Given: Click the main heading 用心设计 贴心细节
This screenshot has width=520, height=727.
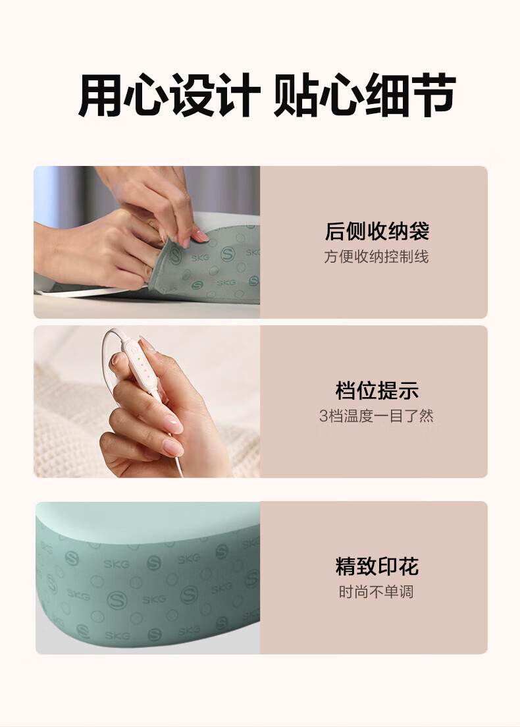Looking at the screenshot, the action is coord(267,95).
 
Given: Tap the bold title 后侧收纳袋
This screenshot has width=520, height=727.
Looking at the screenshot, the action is coord(377,231).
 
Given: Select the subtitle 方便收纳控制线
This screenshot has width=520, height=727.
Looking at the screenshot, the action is coord(377,256).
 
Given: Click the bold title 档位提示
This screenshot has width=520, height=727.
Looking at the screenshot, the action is coord(377,390).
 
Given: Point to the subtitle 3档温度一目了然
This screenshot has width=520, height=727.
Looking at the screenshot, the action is coord(377,416).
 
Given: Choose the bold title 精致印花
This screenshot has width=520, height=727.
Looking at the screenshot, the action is coord(377,566).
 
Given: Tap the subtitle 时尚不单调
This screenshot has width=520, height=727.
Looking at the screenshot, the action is coord(376,591).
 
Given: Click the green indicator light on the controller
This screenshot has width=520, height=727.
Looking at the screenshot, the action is coord(139,359).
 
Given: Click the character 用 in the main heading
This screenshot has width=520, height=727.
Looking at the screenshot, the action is coord(99,95).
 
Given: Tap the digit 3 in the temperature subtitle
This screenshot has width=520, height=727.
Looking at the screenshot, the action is coord(323,416).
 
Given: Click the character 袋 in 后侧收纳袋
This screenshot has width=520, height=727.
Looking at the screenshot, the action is coord(419,231).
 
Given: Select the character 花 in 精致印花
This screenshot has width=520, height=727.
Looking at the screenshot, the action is coord(409,566).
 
